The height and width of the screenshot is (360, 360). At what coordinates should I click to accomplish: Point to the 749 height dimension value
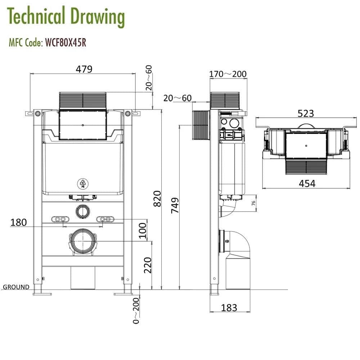(175, 206)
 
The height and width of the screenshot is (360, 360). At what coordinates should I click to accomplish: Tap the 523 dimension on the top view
(306, 113)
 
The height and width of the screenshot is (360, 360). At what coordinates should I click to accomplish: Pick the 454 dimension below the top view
(307, 183)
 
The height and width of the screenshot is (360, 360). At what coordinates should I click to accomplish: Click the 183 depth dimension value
(229, 307)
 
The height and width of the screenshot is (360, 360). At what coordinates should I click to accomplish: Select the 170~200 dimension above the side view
(228, 74)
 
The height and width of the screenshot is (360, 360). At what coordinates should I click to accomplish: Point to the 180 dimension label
(18, 222)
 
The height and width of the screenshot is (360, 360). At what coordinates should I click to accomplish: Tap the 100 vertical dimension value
(143, 230)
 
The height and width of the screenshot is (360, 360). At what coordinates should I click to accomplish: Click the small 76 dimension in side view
(253, 203)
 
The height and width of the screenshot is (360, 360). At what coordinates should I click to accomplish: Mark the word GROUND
(16, 287)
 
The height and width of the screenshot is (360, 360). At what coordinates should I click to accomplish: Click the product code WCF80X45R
(65, 43)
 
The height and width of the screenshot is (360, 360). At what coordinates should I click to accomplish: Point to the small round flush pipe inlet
(83, 211)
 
